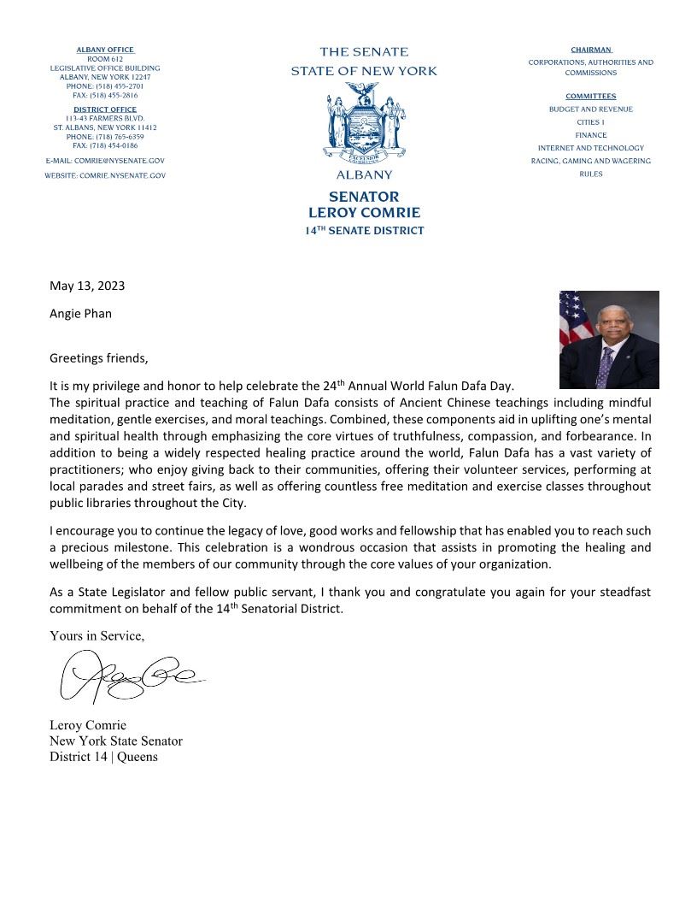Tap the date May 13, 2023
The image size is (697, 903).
tap(87, 286)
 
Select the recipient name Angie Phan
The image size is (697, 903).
tap(80, 313)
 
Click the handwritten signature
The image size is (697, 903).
tap(128, 676)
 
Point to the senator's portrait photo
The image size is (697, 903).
tap(609, 339)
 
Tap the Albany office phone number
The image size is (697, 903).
tap(104, 86)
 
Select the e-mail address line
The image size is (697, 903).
tap(105, 161)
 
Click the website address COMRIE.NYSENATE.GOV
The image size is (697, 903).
tap(105, 175)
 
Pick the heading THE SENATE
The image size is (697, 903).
tap(364, 52)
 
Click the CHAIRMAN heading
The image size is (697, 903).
tap(590, 50)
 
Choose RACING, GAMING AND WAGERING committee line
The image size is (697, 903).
tap(590, 161)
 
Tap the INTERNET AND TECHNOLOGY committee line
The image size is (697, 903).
tap(590, 148)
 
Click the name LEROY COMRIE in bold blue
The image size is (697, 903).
tap(364, 212)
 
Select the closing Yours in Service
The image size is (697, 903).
tap(97, 635)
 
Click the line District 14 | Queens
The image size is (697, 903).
tap(103, 757)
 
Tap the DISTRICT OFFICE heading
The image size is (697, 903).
tap(104, 109)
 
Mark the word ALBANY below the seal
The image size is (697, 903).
tap(364, 175)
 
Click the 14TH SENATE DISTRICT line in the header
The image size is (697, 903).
tap(364, 231)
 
